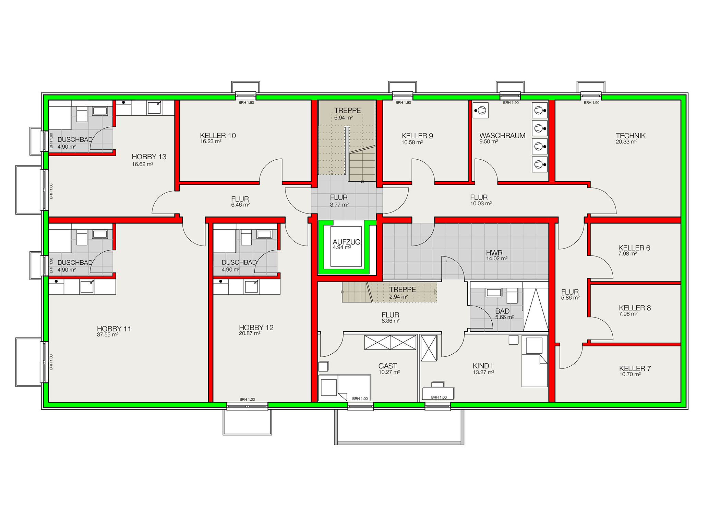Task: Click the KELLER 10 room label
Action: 218,136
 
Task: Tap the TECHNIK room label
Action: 631,136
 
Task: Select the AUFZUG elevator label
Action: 346,242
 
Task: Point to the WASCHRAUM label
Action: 502,136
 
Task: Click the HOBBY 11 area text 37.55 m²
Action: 108,335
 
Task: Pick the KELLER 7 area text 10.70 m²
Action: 630,375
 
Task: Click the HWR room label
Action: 494,253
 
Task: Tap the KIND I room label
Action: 483,366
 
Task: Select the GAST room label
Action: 387,366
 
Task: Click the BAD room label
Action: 502,311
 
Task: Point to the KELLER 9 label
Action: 417,136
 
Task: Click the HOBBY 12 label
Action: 256,328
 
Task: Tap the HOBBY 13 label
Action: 149,157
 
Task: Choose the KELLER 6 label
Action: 634,248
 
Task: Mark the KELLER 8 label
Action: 635,308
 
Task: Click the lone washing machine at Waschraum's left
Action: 480,111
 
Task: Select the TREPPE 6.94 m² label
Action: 347,114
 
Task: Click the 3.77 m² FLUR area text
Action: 339,205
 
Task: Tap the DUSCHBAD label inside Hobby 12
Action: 239,262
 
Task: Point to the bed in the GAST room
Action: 344,388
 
